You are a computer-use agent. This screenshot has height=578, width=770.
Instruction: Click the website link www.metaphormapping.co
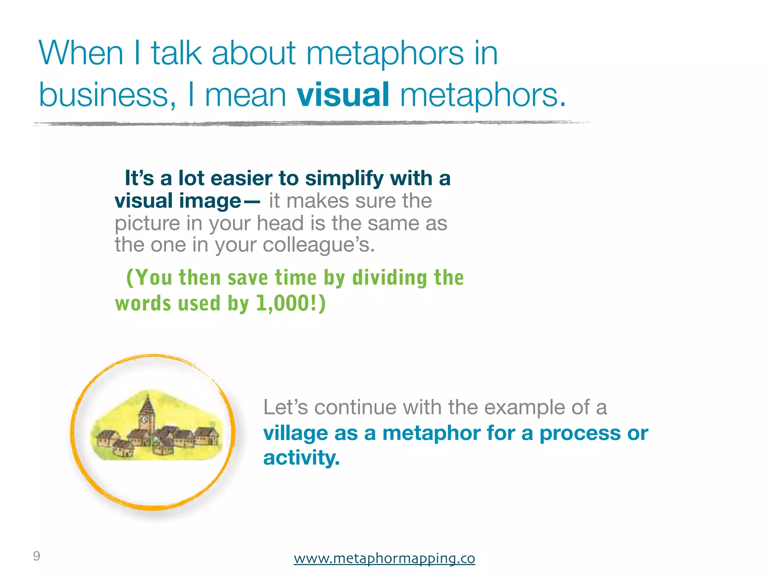pos(384,558)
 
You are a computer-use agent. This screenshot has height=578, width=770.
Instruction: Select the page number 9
pos(36,556)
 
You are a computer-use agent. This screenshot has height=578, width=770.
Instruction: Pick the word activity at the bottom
pos(301,458)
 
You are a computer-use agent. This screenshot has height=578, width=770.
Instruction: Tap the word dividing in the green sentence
pos(390,278)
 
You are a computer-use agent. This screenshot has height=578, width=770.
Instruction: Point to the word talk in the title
pos(177,53)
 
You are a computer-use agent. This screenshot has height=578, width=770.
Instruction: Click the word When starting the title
pos(81,53)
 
